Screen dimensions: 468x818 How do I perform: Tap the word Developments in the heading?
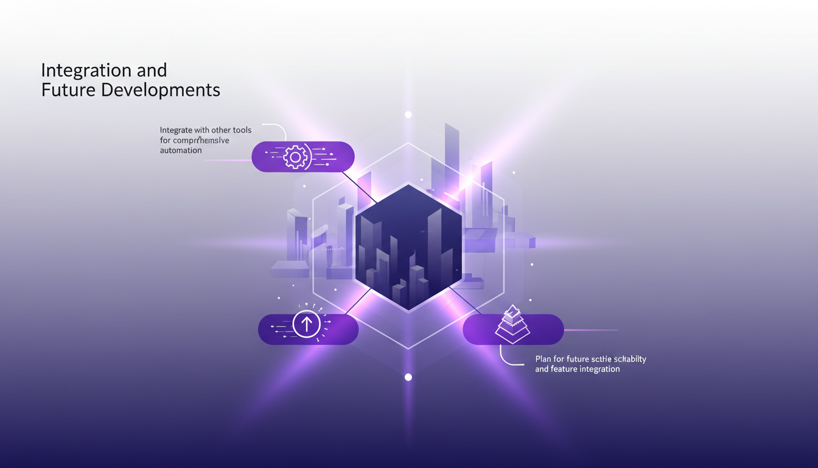point(161,90)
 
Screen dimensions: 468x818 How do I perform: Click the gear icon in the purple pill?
point(295,157)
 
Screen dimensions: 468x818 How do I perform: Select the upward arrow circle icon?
point(306,324)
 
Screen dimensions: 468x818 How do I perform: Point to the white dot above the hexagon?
point(408,115)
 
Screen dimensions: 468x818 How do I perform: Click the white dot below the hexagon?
point(408,377)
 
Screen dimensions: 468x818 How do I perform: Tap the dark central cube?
point(408,247)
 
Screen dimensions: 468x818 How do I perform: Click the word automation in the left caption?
point(181,151)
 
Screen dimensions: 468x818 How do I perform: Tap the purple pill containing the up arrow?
point(341,330)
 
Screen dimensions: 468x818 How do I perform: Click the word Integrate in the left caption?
point(175,130)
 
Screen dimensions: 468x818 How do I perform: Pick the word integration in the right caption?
point(601,369)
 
